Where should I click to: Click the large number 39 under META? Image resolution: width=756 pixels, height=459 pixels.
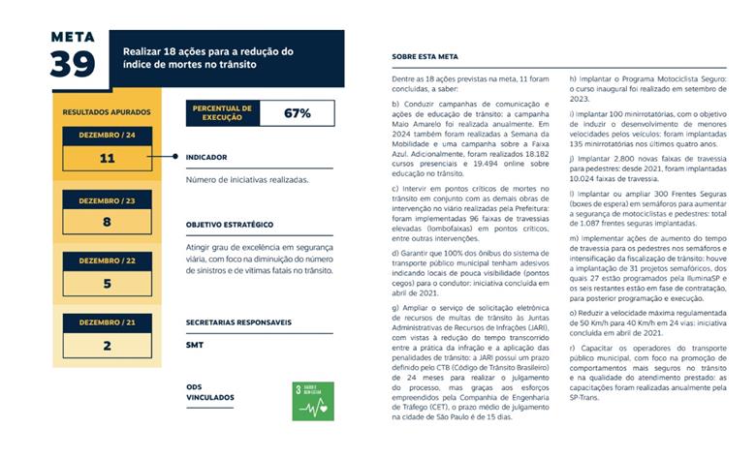tap(74, 64)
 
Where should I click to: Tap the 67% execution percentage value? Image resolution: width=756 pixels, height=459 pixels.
tap(297, 113)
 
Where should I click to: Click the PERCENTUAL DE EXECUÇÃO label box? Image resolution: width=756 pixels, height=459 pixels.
tap(223, 113)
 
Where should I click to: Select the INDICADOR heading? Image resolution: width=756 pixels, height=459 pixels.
tap(206, 156)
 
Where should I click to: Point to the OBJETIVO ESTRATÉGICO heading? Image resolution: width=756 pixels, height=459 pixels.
tap(229, 224)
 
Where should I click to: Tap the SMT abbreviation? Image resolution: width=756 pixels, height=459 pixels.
tap(195, 344)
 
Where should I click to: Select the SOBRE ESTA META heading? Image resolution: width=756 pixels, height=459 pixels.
tap(424, 57)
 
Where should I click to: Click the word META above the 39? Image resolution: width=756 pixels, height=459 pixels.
tap(74, 38)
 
